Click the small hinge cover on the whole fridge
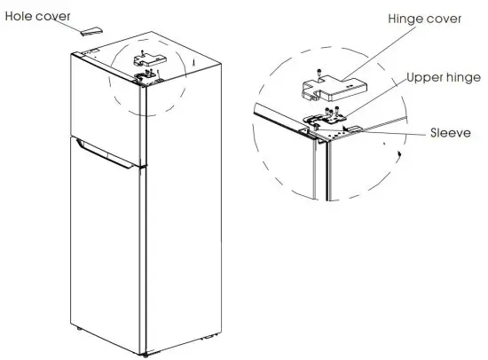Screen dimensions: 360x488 142,60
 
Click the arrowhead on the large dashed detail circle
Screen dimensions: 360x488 402,154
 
